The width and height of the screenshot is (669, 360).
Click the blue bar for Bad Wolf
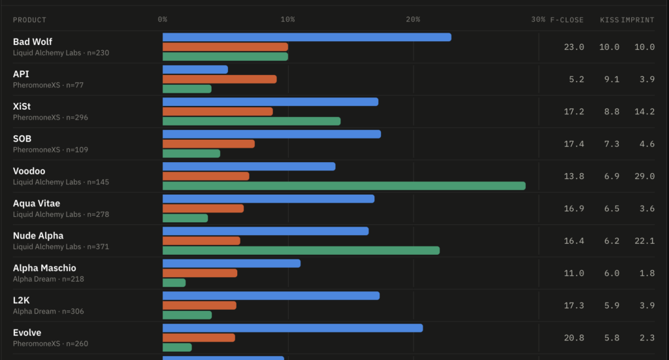[307, 37]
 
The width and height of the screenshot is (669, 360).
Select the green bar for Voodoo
[344, 186]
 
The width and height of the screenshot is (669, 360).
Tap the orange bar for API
[220, 79]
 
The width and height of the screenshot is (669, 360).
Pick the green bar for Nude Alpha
[301, 250]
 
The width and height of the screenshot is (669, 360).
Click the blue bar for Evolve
[293, 328]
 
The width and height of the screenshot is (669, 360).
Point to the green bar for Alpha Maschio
[174, 283]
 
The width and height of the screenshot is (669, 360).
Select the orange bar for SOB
[208, 144]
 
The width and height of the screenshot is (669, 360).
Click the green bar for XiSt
[252, 121]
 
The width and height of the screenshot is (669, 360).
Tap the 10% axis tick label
[287, 20]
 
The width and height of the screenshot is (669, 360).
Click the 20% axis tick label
[413, 20]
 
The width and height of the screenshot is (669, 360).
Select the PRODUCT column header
[29, 20]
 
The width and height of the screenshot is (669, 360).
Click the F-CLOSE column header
[566, 20]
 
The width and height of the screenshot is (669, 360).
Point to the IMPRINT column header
[638, 20]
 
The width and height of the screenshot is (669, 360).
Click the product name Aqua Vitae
[37, 203]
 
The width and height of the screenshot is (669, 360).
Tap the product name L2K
[22, 301]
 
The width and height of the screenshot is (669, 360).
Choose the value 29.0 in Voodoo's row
[644, 176]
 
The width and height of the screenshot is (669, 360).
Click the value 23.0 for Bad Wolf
[574, 47]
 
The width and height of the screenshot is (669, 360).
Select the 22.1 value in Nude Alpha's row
[644, 241]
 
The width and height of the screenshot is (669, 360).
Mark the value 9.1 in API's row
[612, 79]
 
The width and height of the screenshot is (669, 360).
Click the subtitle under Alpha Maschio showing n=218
[48, 279]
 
